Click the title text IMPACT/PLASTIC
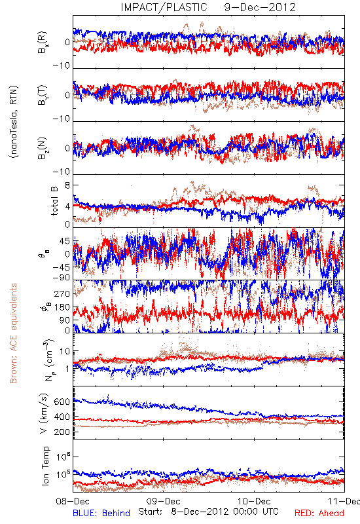(164, 7)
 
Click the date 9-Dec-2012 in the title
(260, 7)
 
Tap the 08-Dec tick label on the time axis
(73, 501)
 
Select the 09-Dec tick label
(163, 501)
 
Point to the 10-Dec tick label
(254, 501)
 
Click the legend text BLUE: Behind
(101, 513)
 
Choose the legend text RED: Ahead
(319, 513)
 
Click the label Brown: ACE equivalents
(13, 333)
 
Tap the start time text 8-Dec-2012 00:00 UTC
(225, 512)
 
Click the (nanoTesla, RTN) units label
(14, 122)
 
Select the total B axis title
(54, 201)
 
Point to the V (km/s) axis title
(44, 413)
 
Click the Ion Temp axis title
(45, 466)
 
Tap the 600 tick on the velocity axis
(62, 402)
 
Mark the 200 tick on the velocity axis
(62, 432)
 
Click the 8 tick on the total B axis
(67, 185)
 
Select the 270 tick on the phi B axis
(62, 293)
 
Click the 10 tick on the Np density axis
(65, 352)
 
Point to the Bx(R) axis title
(43, 43)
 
